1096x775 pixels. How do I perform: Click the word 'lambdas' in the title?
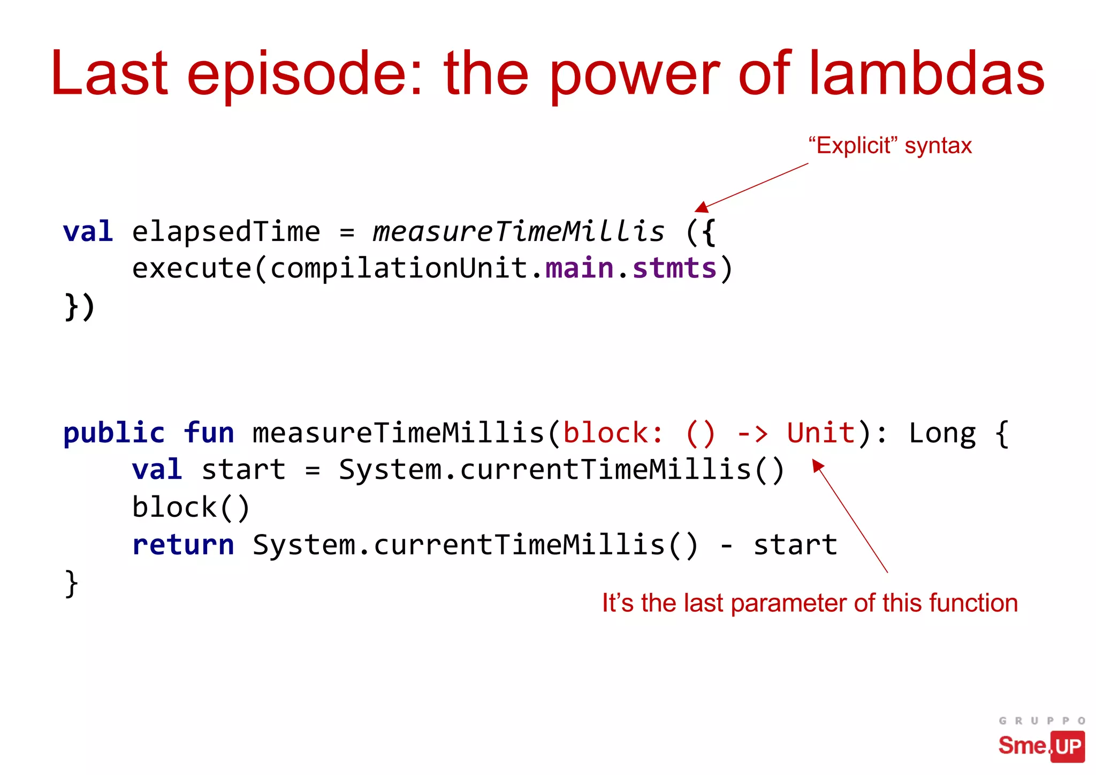point(926,73)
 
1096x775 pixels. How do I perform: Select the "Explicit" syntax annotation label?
point(889,146)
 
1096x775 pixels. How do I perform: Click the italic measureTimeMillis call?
point(518,232)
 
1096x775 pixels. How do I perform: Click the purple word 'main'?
point(579,268)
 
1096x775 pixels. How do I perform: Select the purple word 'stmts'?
point(674,268)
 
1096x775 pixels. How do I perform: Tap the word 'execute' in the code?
point(192,268)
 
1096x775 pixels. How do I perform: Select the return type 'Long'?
point(942,434)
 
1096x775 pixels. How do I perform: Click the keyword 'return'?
point(183,545)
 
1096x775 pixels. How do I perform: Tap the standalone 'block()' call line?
point(191,508)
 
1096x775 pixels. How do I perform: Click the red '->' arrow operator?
point(752,433)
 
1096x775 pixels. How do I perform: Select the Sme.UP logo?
point(1041,746)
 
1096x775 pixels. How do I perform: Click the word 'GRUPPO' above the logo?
point(1041,721)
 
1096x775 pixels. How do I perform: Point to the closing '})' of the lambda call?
point(80,307)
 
